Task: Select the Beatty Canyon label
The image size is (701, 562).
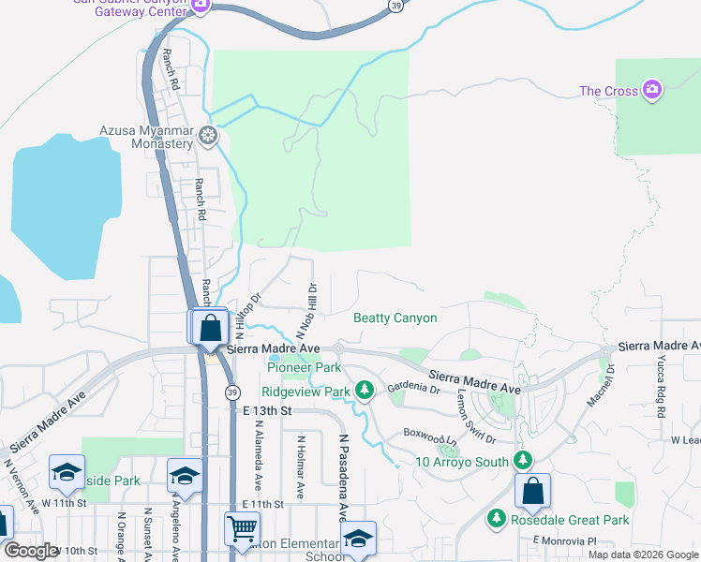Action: (395, 318)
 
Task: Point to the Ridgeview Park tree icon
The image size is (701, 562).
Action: (365, 391)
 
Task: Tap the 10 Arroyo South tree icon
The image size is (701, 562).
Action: (523, 461)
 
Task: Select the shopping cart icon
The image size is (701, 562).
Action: (242, 529)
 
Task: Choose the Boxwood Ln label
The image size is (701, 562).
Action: (429, 436)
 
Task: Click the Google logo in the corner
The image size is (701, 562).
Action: (31, 551)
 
